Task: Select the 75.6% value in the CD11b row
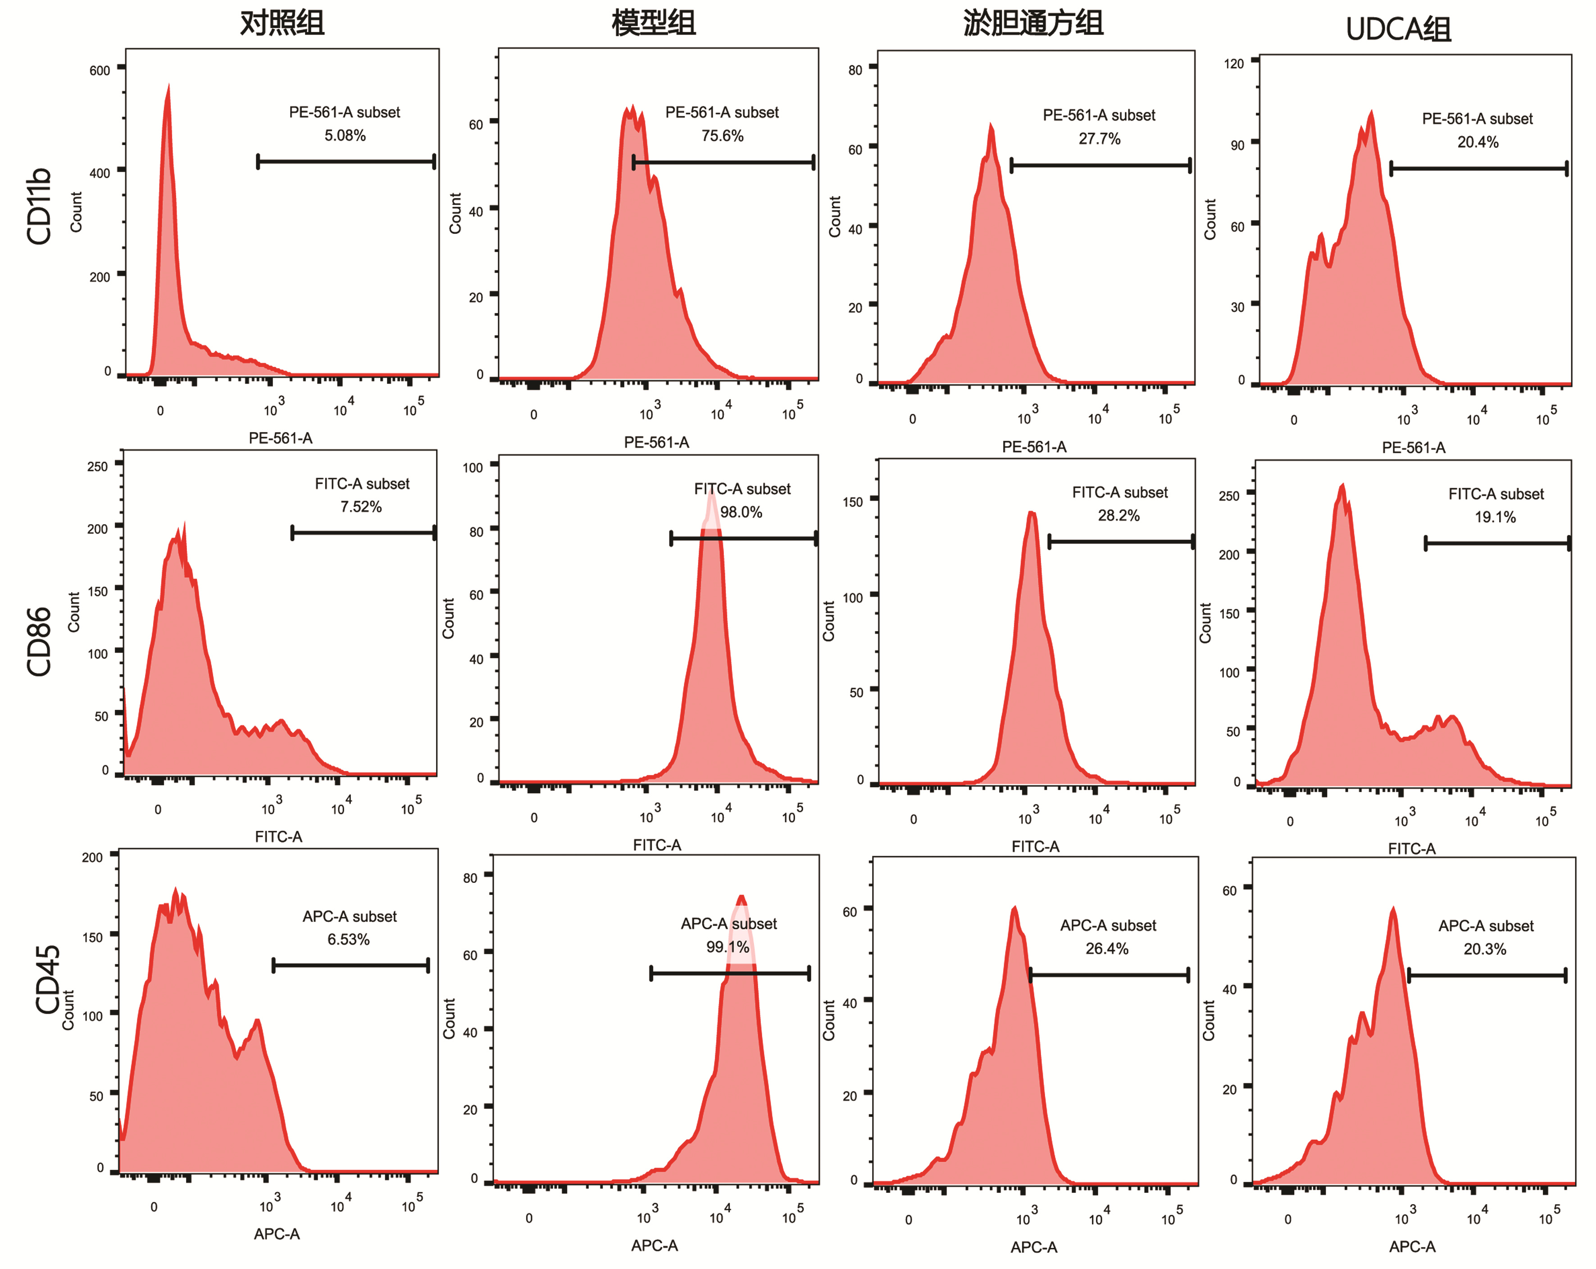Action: pos(723,136)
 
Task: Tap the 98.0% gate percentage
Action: pos(741,511)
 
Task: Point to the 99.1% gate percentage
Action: pos(728,947)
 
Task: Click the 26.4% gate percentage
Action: pos(1107,949)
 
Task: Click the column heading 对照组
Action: pos(282,23)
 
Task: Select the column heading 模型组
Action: pos(654,23)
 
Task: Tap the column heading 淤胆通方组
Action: pos(1033,23)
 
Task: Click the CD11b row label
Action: pos(38,206)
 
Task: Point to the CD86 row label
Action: pos(38,641)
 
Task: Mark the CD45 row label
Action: pos(47,979)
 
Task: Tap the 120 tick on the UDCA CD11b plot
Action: pos(1234,64)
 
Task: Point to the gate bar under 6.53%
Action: pos(351,965)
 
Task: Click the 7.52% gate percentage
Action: pos(361,507)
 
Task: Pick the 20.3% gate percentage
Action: pos(1485,949)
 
